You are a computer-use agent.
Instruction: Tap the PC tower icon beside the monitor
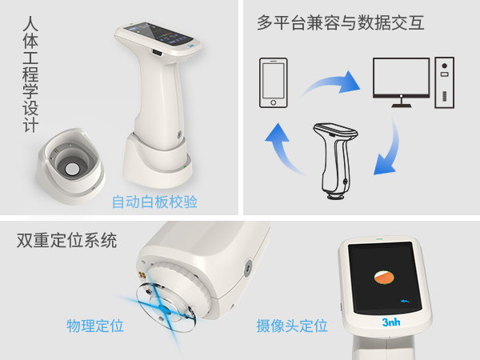[444, 82]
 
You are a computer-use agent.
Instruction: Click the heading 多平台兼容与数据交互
[341, 23]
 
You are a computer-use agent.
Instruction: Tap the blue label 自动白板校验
[154, 202]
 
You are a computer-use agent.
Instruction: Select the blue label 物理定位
[95, 326]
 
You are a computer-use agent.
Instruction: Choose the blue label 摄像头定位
[292, 326]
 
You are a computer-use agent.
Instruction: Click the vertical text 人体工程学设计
[31, 76]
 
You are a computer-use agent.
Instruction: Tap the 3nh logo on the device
[390, 322]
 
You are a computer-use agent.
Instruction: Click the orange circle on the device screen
[384, 278]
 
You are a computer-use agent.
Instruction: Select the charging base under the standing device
[155, 163]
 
